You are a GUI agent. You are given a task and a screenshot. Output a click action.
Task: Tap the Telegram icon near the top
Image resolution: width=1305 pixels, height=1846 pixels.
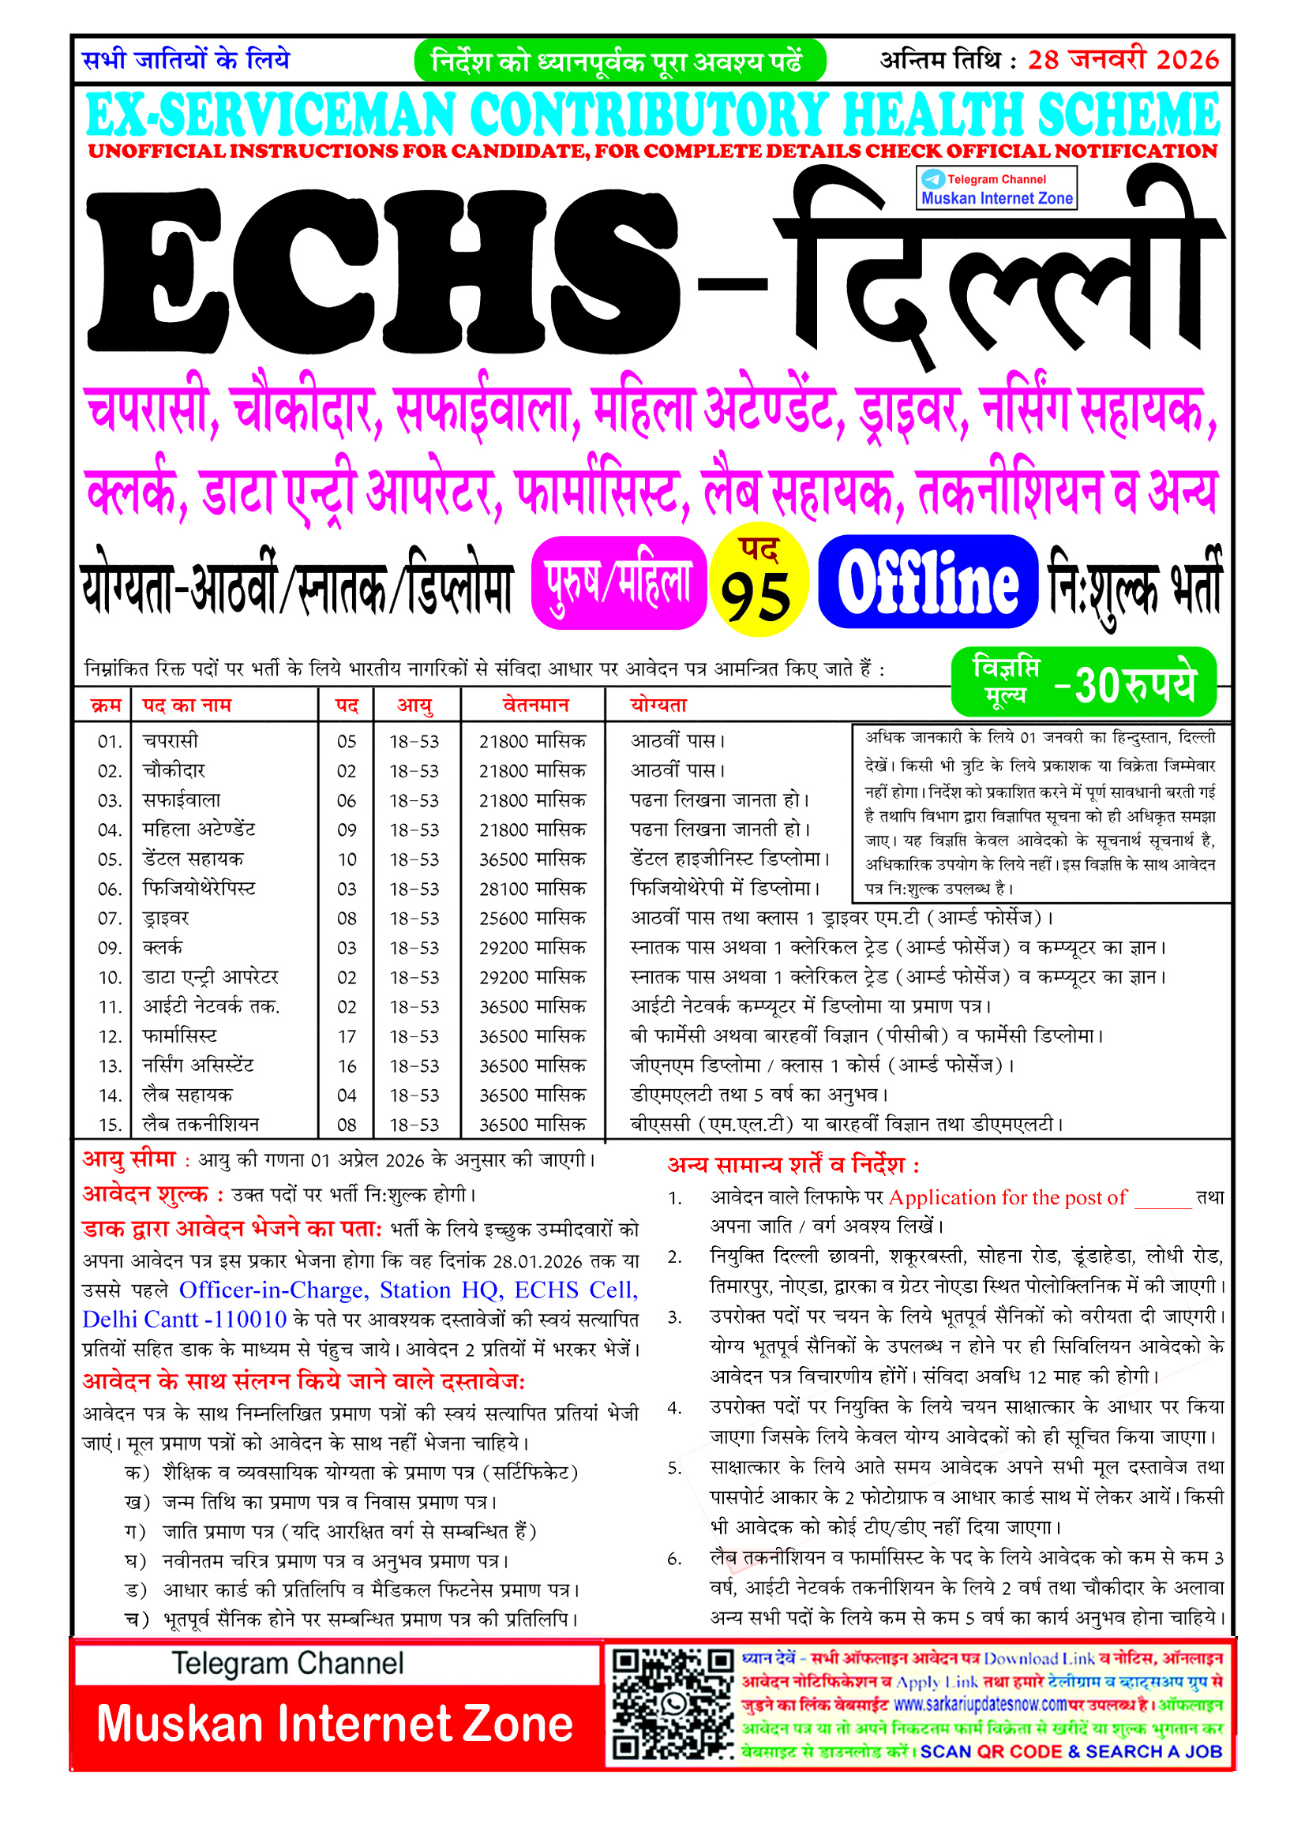(x=932, y=178)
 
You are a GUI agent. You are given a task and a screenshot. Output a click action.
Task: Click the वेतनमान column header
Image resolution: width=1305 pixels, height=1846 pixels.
(x=535, y=705)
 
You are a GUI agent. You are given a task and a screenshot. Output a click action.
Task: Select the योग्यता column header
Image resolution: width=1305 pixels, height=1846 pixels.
(x=658, y=705)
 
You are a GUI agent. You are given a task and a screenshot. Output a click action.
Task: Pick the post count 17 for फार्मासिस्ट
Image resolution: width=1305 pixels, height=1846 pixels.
(x=347, y=1036)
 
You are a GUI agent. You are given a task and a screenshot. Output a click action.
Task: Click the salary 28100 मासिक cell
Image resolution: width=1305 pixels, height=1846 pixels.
(x=532, y=889)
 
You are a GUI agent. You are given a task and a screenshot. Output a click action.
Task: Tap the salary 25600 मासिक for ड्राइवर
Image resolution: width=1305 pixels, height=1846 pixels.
(x=532, y=918)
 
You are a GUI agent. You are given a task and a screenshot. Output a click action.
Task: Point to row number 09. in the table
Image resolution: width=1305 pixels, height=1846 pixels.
(x=111, y=948)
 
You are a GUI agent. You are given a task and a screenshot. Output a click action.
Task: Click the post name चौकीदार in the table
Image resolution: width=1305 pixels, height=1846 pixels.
(x=174, y=770)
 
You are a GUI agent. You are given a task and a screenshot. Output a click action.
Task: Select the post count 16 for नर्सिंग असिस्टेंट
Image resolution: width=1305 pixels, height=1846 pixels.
(x=347, y=1066)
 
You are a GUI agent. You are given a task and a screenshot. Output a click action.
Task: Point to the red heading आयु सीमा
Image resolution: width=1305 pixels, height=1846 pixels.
(x=129, y=1159)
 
